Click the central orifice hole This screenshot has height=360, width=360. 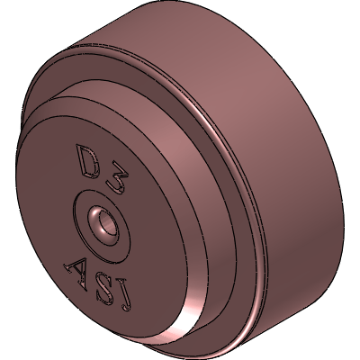(x=105, y=223)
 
